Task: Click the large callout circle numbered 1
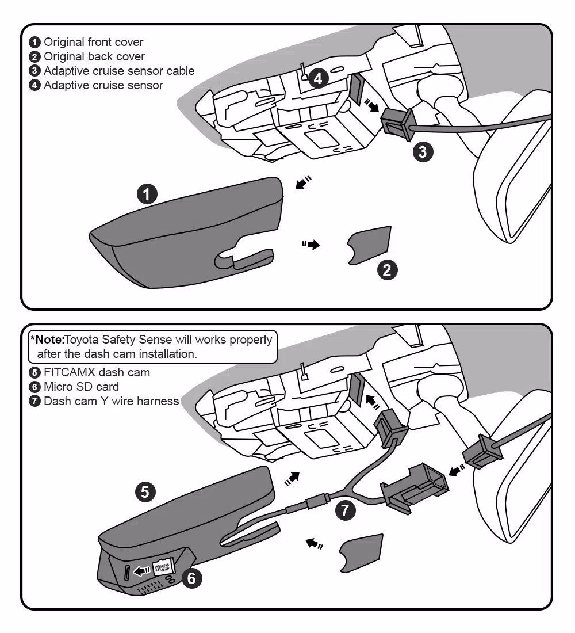click(x=147, y=194)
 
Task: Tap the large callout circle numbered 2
click(x=387, y=269)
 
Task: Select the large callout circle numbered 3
click(x=423, y=151)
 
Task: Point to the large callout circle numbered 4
click(x=318, y=78)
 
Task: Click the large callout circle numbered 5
click(x=145, y=492)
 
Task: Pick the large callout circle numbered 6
click(x=191, y=577)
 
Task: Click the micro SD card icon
click(x=163, y=568)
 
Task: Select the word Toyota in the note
click(x=82, y=340)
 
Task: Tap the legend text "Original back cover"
click(x=94, y=56)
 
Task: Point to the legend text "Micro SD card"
click(x=81, y=387)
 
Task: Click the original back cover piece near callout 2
click(x=369, y=245)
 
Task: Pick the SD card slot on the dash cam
click(x=127, y=572)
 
